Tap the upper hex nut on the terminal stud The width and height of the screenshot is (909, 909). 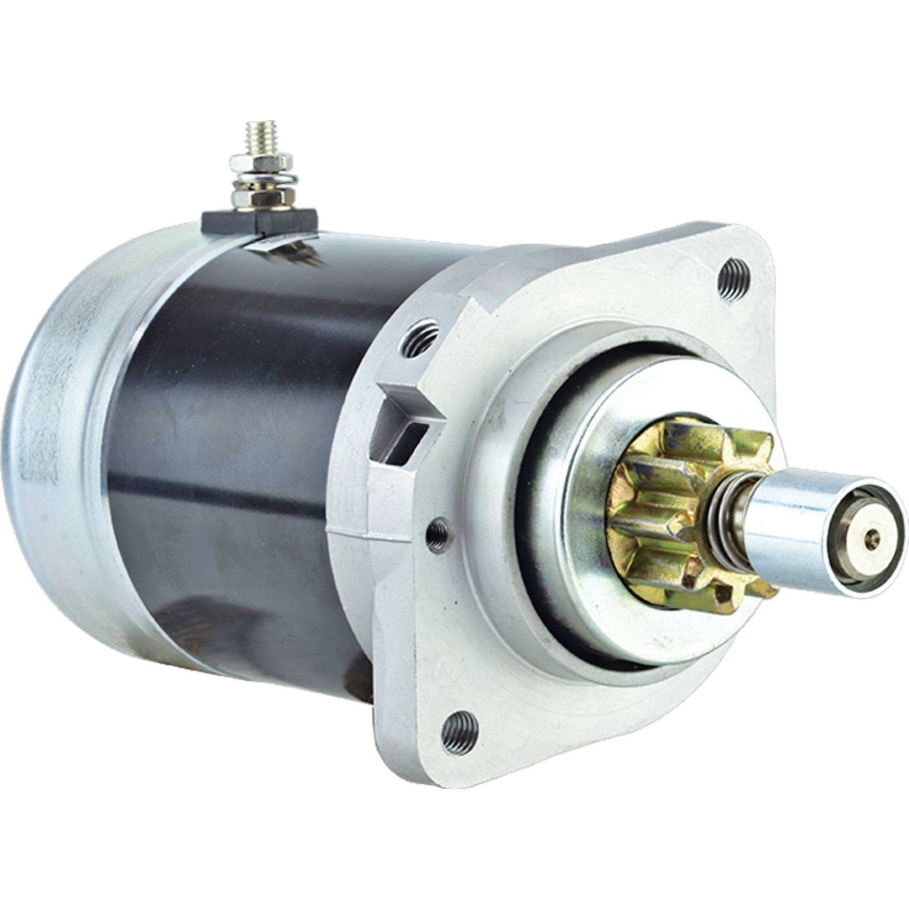coord(254,163)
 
